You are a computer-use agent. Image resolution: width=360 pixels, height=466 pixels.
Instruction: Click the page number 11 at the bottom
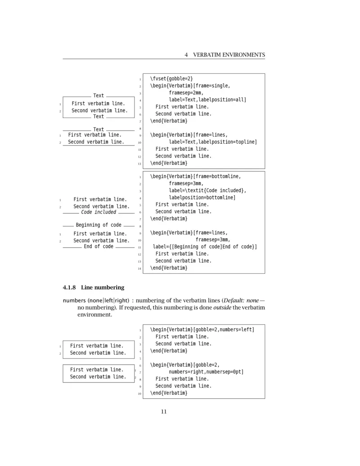(164, 411)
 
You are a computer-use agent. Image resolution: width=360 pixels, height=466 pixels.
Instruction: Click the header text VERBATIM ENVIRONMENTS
(229, 55)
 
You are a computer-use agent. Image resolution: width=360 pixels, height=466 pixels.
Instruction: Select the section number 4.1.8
(70, 287)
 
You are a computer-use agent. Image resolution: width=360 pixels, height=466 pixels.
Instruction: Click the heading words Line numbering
(103, 287)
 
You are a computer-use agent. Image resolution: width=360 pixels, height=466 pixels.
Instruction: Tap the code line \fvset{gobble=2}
(171, 78)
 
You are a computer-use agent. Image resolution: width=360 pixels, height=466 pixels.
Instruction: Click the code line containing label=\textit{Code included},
(207, 190)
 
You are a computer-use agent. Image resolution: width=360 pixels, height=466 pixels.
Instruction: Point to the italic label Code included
(99, 212)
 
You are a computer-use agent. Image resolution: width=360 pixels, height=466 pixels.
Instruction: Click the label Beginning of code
(99, 225)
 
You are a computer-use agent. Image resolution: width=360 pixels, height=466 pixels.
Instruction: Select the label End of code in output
(99, 246)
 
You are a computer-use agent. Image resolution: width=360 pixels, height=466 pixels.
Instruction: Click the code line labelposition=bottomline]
(202, 197)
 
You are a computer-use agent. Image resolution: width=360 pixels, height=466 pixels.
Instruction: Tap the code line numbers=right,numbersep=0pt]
(206, 372)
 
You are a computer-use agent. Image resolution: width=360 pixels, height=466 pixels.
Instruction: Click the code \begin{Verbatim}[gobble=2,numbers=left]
(202, 330)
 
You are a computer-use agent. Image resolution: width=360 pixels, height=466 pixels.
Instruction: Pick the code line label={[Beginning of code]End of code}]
(205, 247)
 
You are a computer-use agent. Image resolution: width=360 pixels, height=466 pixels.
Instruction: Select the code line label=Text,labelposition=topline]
(213, 142)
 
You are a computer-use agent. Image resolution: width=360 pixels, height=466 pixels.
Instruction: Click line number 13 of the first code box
(139, 163)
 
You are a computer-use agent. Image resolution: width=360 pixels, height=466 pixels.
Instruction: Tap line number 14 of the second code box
(139, 268)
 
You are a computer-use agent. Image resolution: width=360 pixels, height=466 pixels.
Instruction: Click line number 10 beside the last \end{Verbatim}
(139, 394)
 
